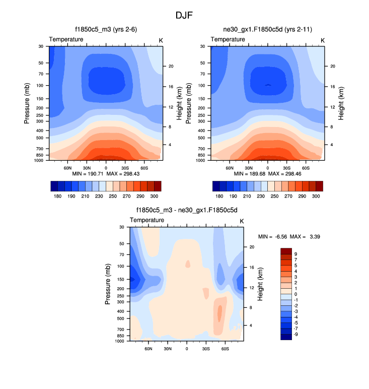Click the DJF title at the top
click(x=184, y=15)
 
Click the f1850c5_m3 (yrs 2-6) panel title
click(x=106, y=30)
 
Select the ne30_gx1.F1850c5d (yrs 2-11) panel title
click(x=267, y=30)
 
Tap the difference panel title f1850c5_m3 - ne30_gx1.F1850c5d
click(x=187, y=211)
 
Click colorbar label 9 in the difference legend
click(x=296, y=254)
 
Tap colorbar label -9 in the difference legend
click(x=294, y=334)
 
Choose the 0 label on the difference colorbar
click(x=296, y=294)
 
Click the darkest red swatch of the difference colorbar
click(x=285, y=251)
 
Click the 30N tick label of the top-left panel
click(x=87, y=167)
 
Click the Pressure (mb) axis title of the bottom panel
click(x=108, y=284)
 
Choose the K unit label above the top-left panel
click(x=161, y=40)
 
